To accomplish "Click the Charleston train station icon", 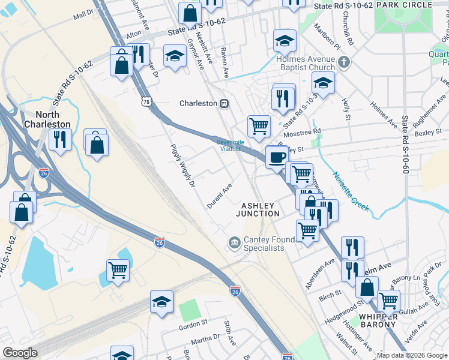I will [x=224, y=103].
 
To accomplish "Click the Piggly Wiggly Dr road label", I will [x=184, y=166].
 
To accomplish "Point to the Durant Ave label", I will [x=220, y=193].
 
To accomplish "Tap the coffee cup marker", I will [x=276, y=157].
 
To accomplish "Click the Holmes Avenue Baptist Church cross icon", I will [x=344, y=62].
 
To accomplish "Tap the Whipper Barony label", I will [x=378, y=320].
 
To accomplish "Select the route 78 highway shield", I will [x=146, y=102].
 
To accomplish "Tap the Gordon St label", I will [x=193, y=327].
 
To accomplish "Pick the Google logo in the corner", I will [x=20, y=353].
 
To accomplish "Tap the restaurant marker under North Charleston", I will [x=59, y=140].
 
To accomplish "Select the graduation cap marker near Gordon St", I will [x=161, y=302].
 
